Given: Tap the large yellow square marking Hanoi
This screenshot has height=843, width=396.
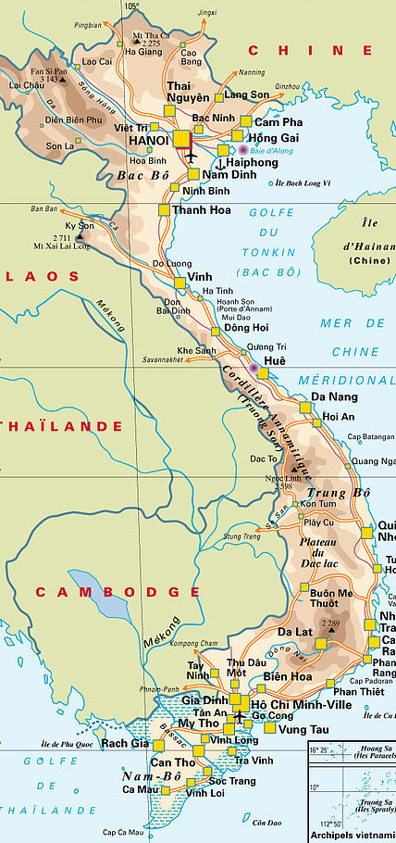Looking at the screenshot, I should (x=181, y=139).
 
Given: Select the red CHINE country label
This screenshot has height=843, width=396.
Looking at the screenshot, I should (x=310, y=50).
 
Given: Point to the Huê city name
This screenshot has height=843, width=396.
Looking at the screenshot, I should (x=276, y=360).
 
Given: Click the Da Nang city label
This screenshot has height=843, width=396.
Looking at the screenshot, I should (x=330, y=396).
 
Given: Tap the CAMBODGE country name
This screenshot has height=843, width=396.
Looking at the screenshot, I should (x=117, y=591).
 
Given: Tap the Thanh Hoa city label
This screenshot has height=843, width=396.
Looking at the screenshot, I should (x=201, y=210).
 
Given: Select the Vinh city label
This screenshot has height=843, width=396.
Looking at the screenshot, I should (x=200, y=277).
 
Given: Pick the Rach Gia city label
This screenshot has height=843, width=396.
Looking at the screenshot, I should (x=125, y=743).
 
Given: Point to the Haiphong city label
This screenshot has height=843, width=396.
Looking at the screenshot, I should (x=252, y=160).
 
